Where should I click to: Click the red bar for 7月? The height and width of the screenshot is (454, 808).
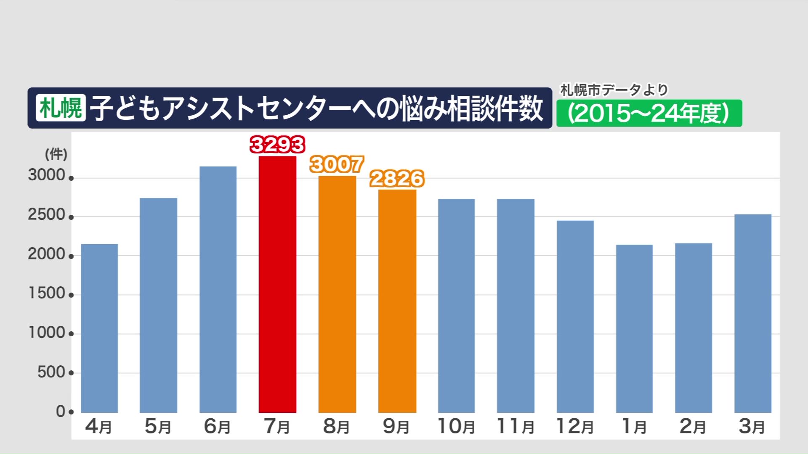click(277, 284)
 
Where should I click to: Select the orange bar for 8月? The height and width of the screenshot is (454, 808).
click(337, 294)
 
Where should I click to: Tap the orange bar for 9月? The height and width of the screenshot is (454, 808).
click(397, 301)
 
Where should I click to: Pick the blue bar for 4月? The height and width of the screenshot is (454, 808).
click(99, 328)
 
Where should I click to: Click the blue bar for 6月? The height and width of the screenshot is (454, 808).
click(218, 289)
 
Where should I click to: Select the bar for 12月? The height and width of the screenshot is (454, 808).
click(575, 317)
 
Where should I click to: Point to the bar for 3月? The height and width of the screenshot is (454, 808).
click(753, 313)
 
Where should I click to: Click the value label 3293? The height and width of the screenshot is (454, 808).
click(277, 145)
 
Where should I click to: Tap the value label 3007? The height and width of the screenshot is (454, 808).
click(337, 164)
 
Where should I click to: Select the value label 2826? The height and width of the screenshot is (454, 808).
click(397, 179)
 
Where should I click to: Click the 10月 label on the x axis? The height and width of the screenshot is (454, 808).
click(456, 426)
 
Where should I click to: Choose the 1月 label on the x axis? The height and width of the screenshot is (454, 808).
click(634, 426)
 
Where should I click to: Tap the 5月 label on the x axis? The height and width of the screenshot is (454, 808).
click(158, 426)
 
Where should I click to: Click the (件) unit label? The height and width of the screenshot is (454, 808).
click(56, 154)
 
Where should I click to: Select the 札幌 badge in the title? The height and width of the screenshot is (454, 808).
click(61, 108)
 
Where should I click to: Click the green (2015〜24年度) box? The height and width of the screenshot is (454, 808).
click(649, 113)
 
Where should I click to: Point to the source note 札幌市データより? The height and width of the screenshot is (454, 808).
click(614, 90)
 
